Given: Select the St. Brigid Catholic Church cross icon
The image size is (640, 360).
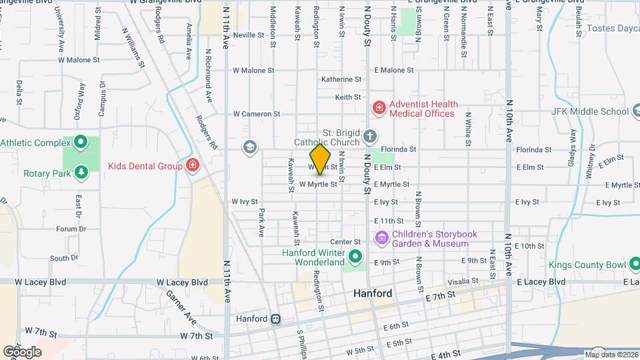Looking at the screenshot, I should pyautogui.click(x=370, y=137).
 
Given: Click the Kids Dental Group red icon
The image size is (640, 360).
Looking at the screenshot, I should pyautogui.click(x=193, y=164).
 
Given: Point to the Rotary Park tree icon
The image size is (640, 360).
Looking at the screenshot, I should pyautogui.click(x=81, y=173).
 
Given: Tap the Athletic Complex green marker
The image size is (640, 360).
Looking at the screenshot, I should pyautogui.click(x=81, y=142).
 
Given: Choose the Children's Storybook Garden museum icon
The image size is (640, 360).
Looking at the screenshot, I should pyautogui.click(x=381, y=238).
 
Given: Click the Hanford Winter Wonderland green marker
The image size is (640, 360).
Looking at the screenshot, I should pyautogui.click(x=355, y=256).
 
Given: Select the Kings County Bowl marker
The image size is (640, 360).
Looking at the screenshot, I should pyautogui.click(x=633, y=265).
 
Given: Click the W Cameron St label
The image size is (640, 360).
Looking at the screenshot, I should pyautogui.click(x=256, y=114).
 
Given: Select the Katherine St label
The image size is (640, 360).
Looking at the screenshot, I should pyautogui.click(x=341, y=79).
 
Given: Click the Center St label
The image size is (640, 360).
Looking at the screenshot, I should pyautogui.click(x=345, y=242).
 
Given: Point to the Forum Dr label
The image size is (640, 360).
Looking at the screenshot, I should pyautogui.click(x=71, y=229).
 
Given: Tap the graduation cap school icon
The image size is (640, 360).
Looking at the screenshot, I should pyautogui.click(x=250, y=147).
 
